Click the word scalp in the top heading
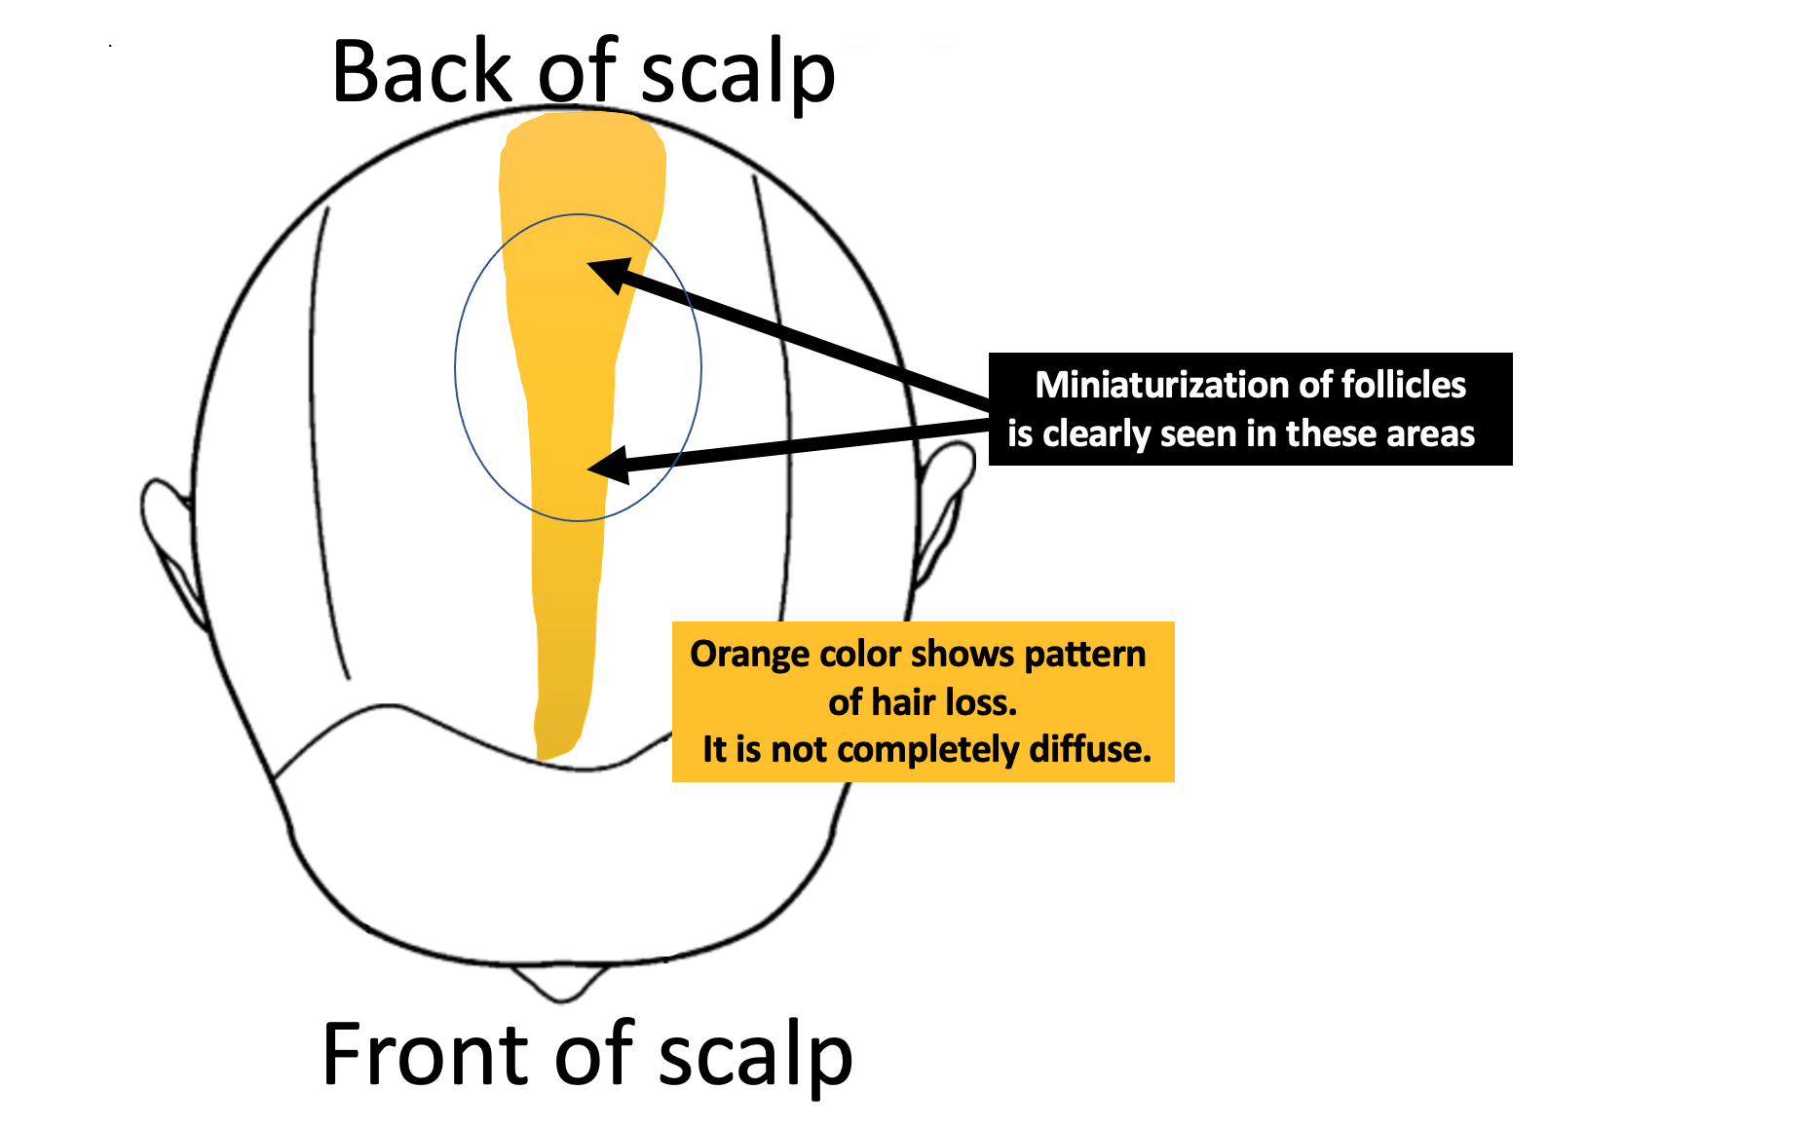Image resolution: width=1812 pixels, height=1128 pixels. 738,74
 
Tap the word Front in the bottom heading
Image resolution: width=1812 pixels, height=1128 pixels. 429,1054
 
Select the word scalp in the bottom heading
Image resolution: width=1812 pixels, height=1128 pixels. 755,1057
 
